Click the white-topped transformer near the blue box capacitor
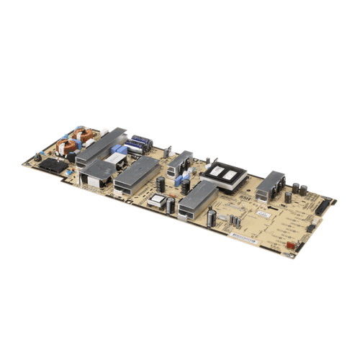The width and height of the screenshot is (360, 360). tap(115, 158)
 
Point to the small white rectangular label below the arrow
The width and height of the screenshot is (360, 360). tap(264, 215)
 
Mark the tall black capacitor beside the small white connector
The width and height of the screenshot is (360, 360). tap(169, 206)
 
